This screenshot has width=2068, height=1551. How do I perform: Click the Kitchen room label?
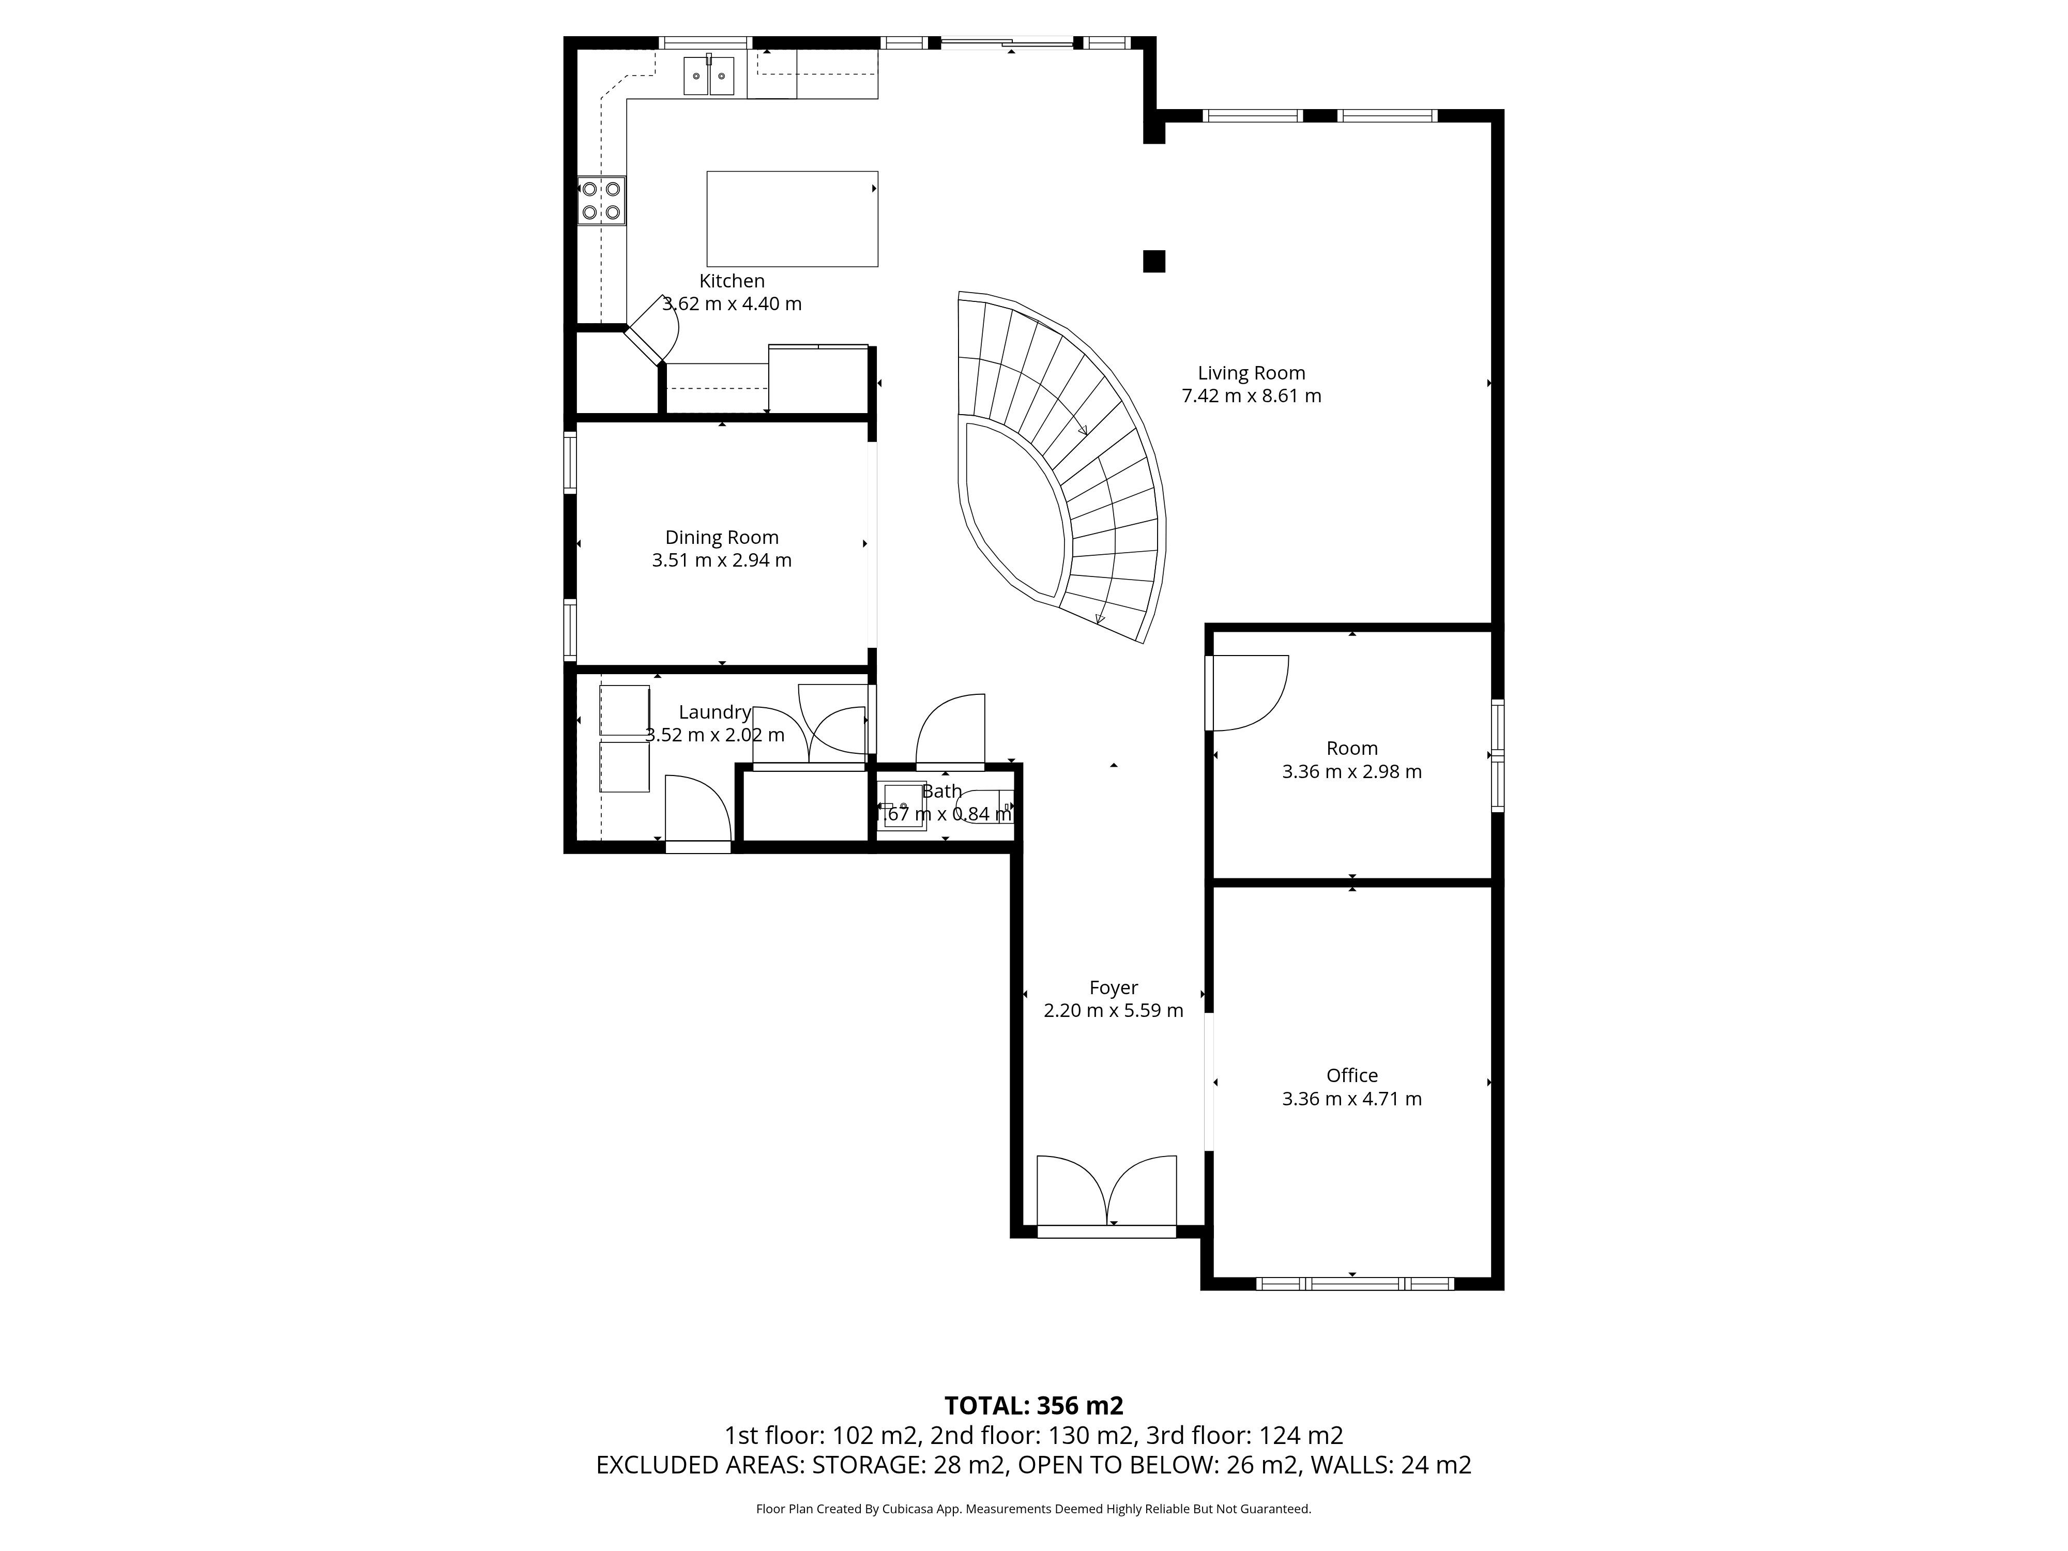coord(732,280)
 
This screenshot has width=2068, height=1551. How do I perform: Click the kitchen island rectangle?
coord(792,219)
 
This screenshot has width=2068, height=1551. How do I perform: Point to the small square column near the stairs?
coord(1153,261)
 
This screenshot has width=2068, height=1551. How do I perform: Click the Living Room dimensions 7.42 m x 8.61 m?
coord(1252,396)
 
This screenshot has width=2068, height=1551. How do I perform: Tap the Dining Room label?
coord(722,538)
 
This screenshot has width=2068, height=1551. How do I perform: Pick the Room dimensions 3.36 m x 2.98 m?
coord(1352,771)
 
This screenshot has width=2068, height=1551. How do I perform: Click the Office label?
coord(1352,1075)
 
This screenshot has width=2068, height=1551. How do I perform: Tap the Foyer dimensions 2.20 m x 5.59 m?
coord(1114,1011)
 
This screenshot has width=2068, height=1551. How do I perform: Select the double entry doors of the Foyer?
coord(1107,1195)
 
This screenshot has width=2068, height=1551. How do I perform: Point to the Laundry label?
coord(715,712)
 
